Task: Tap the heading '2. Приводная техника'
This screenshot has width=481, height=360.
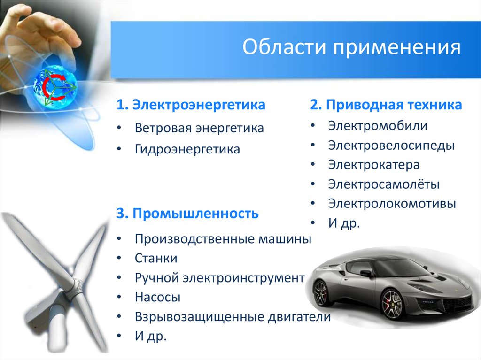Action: (386, 105)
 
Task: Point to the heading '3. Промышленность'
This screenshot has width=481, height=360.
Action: (187, 214)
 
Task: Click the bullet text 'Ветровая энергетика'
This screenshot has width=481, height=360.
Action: (199, 128)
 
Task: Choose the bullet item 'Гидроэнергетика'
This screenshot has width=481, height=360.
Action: (187, 149)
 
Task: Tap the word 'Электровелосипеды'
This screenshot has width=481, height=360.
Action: (391, 146)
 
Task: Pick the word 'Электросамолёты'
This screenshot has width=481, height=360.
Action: (384, 184)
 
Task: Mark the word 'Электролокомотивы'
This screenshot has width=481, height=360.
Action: (392, 204)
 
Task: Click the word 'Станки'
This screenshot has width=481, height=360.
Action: (156, 258)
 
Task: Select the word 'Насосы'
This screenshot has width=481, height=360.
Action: (158, 297)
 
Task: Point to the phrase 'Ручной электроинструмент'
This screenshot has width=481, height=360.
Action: (219, 278)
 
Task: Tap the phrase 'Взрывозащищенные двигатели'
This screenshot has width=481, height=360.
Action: (233, 317)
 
